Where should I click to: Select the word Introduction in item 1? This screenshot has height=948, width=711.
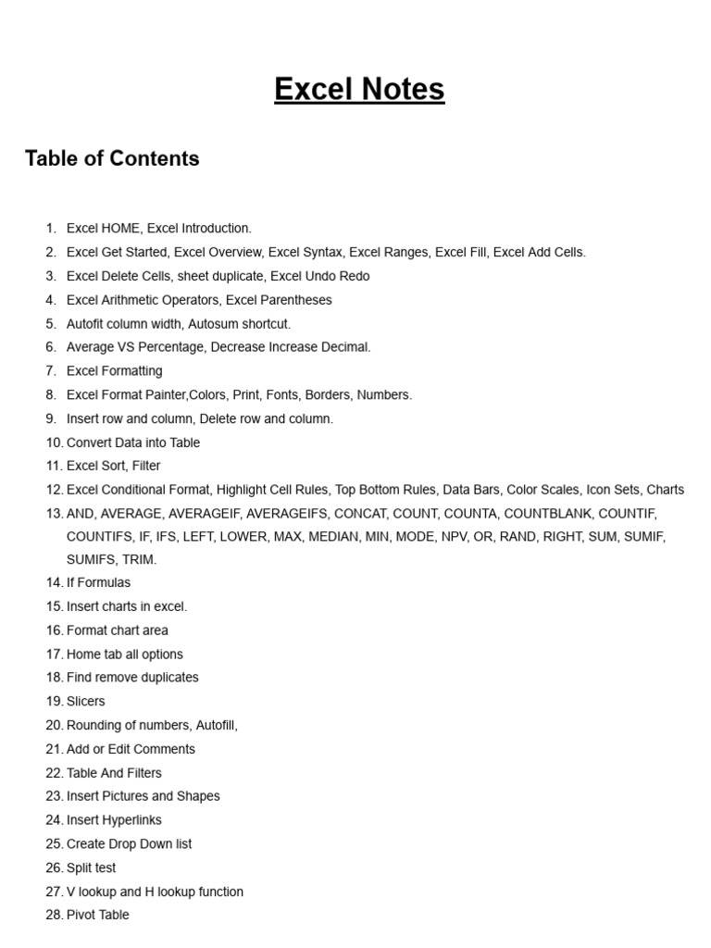pos(216,228)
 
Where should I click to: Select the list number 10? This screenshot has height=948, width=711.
pos(54,443)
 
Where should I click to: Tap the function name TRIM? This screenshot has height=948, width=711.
pos(138,559)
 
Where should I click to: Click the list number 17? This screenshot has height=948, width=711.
pos(54,655)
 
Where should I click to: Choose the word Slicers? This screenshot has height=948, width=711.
pos(86,701)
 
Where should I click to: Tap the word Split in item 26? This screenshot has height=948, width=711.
pos(80,867)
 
